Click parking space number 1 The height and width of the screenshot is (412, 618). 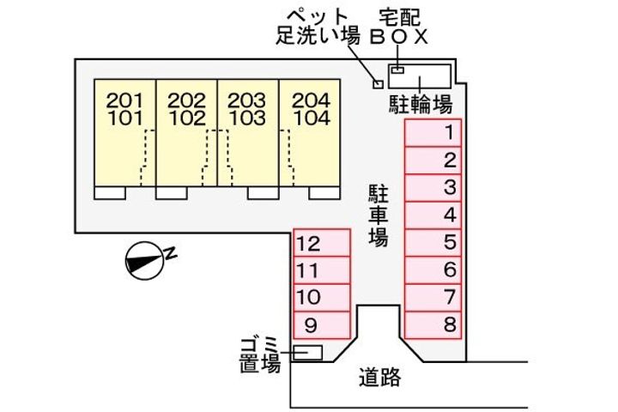(433, 133)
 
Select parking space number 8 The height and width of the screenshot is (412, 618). (433, 325)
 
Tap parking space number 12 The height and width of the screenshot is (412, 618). (322, 243)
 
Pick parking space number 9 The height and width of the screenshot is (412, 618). (322, 325)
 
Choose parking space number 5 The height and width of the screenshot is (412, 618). (433, 243)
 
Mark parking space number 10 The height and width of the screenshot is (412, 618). (322, 298)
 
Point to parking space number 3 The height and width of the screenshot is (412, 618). (433, 188)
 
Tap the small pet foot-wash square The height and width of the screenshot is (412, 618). (376, 83)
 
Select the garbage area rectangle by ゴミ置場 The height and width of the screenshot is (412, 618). (307, 352)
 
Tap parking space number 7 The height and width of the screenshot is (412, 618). (433, 298)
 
